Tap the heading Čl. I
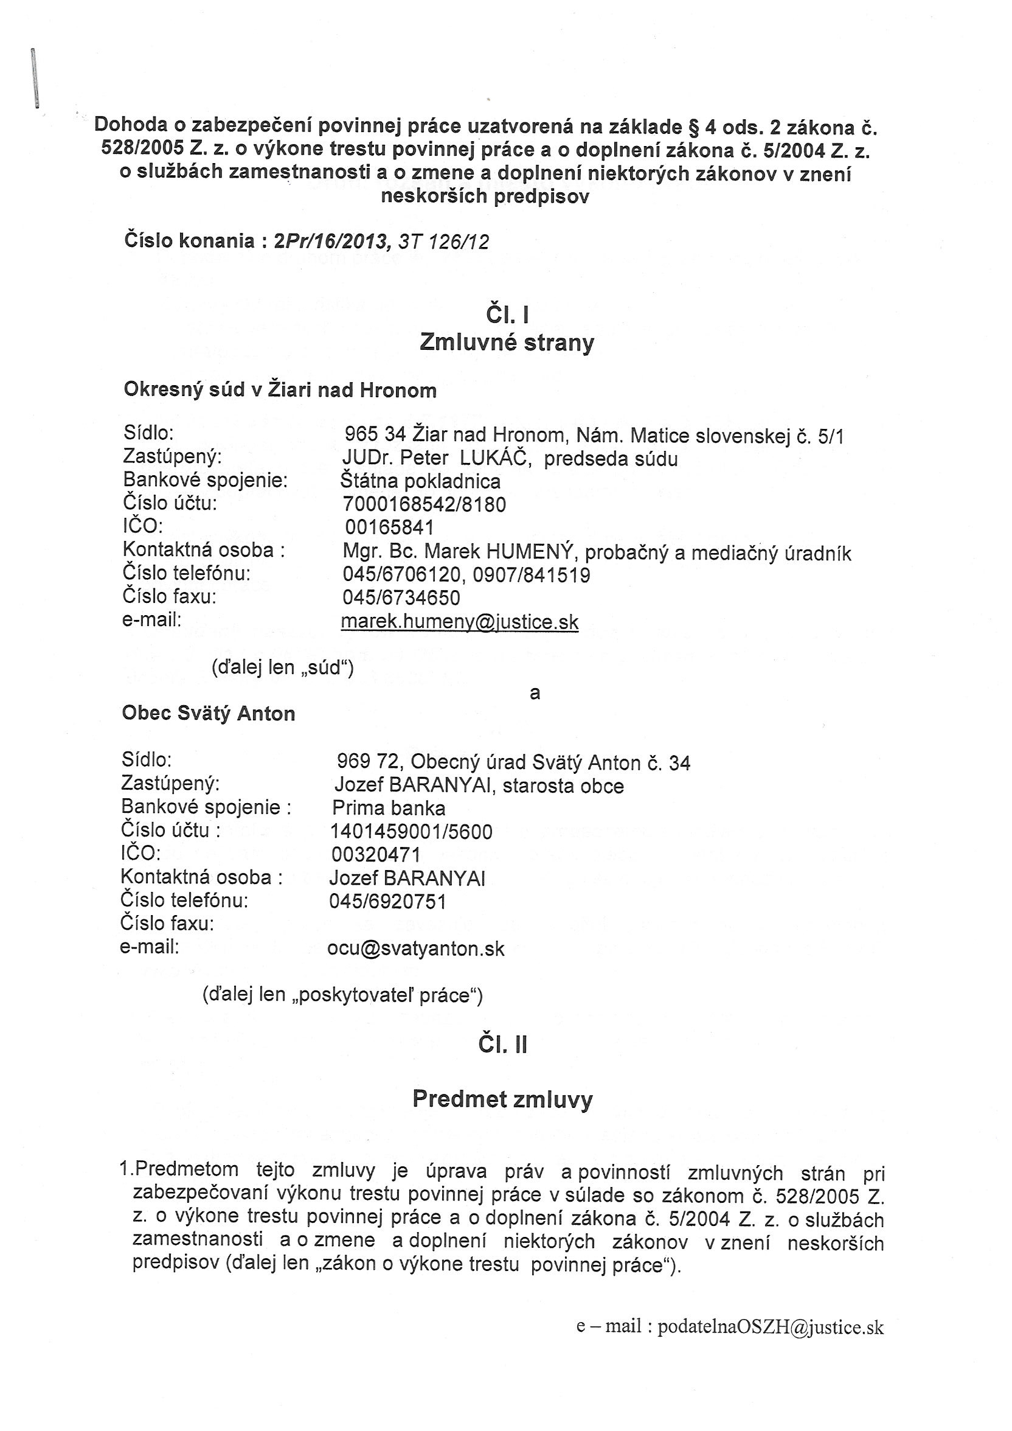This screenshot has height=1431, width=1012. pos(507,315)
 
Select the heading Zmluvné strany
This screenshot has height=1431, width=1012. pos(507,343)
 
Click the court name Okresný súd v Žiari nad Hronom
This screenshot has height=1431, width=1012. pos(280,390)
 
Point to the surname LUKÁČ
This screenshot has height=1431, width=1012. pos(495,459)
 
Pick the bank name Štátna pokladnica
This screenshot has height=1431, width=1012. pos(421,482)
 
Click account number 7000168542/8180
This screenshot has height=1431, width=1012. pos(424,504)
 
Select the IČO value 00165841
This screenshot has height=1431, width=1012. pos(389,528)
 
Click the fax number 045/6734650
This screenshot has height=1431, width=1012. pos(401,598)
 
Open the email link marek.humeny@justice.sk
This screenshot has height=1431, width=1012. pos(460,622)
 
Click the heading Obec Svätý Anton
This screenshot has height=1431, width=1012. pos(208,714)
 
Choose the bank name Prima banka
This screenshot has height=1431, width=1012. pos(389,809)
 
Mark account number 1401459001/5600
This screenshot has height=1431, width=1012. pos(411,832)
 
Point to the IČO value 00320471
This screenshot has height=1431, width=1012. pos(376,854)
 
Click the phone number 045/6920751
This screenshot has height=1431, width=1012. pos(387,902)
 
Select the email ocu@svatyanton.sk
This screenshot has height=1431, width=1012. pos(415,949)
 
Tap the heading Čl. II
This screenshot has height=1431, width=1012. pos(503,1045)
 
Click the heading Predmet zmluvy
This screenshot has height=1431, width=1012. pos(502,1099)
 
